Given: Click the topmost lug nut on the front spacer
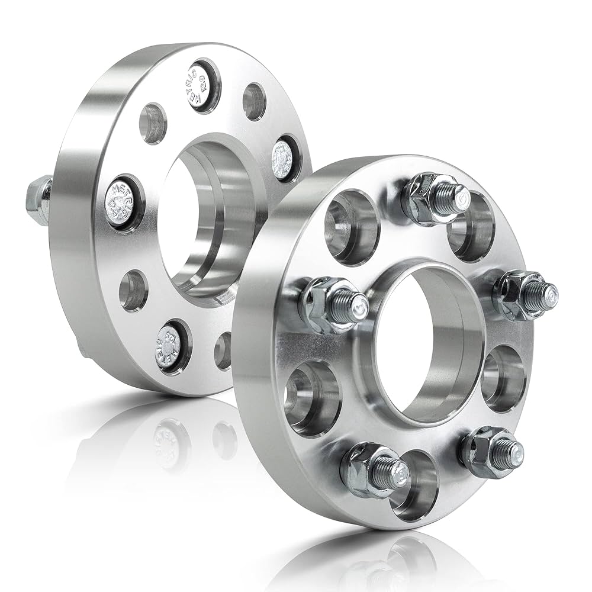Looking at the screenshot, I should tap(431, 197).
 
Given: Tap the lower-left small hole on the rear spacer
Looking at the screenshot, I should tap(133, 291).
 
